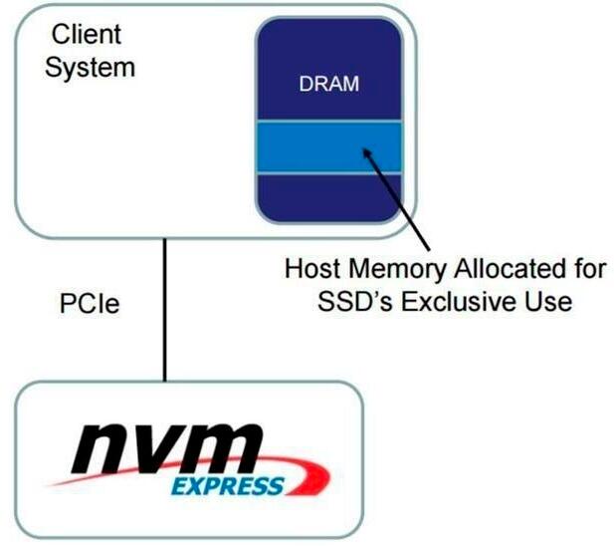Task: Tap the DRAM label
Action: (x=327, y=85)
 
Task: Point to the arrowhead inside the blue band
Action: (x=367, y=152)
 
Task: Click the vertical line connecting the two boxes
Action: (x=164, y=310)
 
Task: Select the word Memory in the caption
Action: (x=398, y=269)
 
